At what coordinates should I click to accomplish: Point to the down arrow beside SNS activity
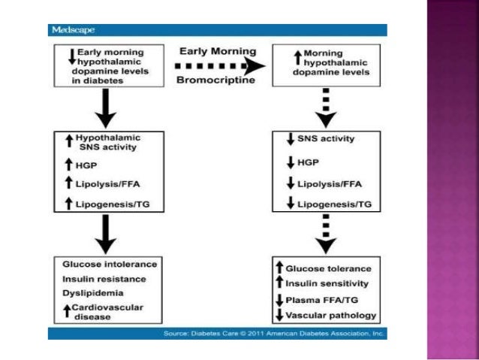tap(289, 139)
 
